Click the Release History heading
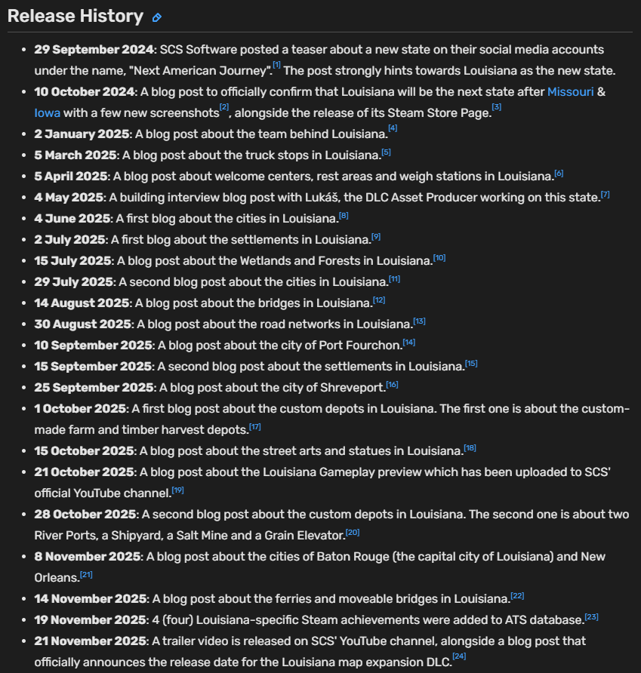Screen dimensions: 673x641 tap(75, 16)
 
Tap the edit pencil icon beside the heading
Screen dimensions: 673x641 tap(157, 17)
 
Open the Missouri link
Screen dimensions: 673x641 tap(570, 91)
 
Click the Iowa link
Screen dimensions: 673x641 tap(47, 112)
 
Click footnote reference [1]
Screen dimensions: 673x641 tap(276, 66)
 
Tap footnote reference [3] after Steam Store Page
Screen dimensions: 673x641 tap(496, 108)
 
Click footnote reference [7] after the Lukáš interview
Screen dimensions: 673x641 tap(605, 194)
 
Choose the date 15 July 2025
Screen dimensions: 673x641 tap(73, 260)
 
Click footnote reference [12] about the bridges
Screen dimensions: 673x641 tap(379, 300)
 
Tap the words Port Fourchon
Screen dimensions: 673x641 tap(362, 345)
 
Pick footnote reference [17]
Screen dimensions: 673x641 tap(255, 426)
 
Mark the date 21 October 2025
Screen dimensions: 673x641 tap(85, 472)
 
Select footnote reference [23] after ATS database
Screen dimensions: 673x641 tap(591, 616)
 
